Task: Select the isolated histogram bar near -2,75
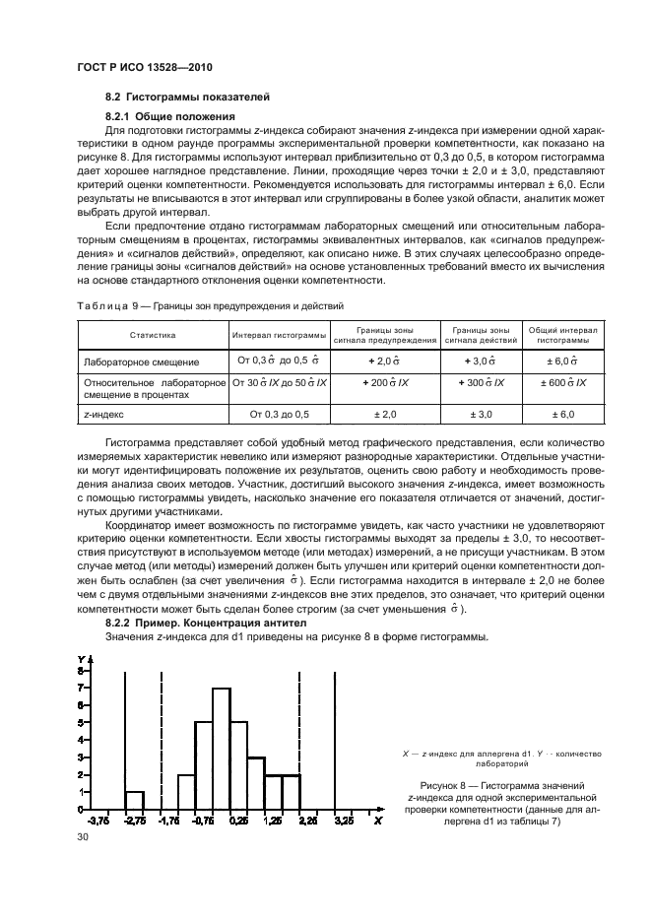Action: [135, 799]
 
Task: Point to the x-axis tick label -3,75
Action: [98, 820]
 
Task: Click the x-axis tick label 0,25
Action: [236, 820]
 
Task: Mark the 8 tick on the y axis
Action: [81, 671]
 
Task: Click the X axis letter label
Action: [378, 820]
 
